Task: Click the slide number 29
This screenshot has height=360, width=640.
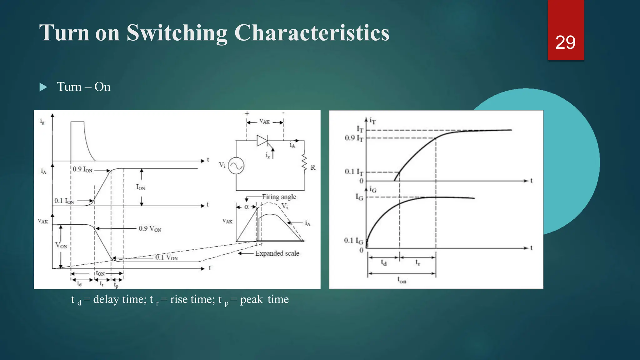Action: click(x=565, y=42)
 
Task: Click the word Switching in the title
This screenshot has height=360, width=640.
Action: click(x=177, y=32)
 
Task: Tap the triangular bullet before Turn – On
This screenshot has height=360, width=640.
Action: click(x=43, y=87)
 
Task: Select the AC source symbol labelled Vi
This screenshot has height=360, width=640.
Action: click(x=236, y=166)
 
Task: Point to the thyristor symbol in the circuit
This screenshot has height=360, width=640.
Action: click(x=262, y=141)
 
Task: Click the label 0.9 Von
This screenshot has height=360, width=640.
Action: click(x=150, y=229)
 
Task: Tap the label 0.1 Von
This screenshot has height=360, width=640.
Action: click(x=167, y=257)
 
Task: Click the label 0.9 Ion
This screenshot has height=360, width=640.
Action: click(x=82, y=169)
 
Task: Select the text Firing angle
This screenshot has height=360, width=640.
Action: click(x=279, y=197)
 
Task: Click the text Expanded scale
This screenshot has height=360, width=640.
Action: click(x=277, y=253)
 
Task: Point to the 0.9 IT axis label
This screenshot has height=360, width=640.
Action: click(x=354, y=138)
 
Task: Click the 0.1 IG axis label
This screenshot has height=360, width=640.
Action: click(x=353, y=241)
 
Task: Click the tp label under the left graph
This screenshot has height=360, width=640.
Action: click(x=116, y=285)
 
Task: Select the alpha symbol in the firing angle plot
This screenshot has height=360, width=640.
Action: click(x=246, y=207)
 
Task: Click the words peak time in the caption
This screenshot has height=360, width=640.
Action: click(x=264, y=299)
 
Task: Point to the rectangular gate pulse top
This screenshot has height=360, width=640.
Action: click(x=77, y=122)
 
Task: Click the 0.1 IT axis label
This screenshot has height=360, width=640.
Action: click(x=354, y=172)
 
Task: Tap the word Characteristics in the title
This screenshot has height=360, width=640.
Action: click(x=312, y=32)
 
